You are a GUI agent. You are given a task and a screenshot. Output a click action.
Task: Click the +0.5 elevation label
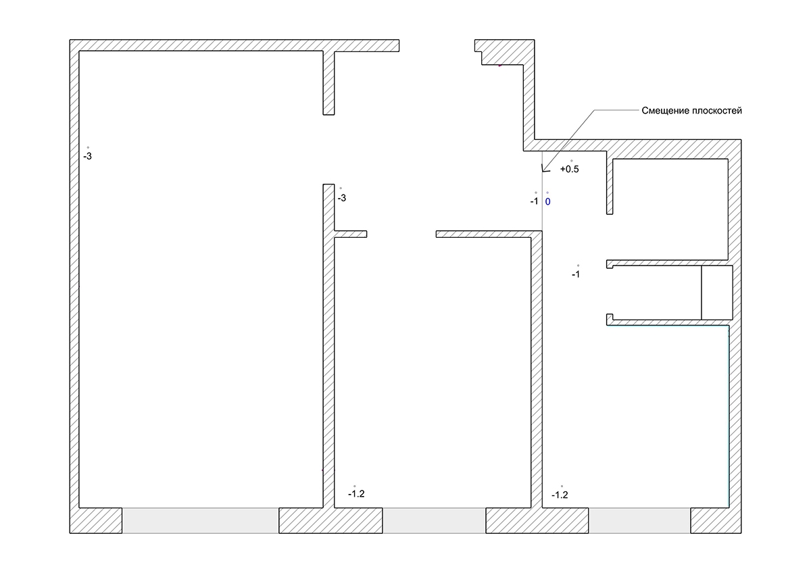click(x=570, y=169)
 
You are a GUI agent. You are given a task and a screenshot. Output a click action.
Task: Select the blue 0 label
click(x=548, y=201)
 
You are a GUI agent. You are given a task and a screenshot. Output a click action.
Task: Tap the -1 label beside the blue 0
click(x=535, y=201)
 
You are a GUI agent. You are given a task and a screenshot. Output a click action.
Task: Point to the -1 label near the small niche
click(x=576, y=274)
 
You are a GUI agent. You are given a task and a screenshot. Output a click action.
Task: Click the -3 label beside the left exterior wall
click(x=88, y=156)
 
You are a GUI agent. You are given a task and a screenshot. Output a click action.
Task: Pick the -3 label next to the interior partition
click(x=342, y=198)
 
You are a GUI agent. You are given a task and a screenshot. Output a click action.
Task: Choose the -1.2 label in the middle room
click(x=356, y=494)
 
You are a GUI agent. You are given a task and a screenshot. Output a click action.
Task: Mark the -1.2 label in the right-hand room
click(x=560, y=495)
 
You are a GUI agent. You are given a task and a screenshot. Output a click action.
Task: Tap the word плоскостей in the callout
click(x=717, y=111)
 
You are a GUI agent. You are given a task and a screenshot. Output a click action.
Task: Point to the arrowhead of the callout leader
click(x=543, y=171)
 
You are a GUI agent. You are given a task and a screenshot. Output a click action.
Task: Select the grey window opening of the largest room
click(x=200, y=520)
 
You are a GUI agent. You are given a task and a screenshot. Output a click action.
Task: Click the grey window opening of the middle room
click(x=434, y=520)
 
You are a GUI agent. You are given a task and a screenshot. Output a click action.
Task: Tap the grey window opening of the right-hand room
click(x=639, y=520)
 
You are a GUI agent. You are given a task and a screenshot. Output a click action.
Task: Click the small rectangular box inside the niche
click(x=717, y=293)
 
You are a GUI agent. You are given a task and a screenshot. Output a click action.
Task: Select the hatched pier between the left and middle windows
click(x=330, y=520)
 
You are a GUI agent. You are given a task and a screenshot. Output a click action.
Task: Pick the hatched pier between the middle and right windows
click(x=537, y=520)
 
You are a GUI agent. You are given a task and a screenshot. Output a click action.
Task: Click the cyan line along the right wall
click(x=729, y=416)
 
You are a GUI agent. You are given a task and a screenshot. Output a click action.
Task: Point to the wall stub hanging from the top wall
click(x=328, y=83)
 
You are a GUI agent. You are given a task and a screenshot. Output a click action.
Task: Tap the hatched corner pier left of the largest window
click(x=96, y=520)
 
